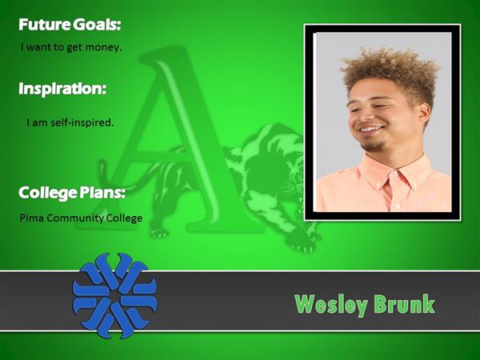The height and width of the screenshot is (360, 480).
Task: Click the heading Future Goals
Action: point(70,25)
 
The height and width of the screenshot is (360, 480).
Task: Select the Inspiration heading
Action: point(62,89)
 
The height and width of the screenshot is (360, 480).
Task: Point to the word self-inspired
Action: point(82,122)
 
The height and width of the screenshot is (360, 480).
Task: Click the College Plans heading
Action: point(72,193)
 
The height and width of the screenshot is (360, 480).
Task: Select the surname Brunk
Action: point(404,304)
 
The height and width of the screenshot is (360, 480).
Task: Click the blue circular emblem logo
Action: point(114,295)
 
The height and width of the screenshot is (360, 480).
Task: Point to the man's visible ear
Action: point(424,114)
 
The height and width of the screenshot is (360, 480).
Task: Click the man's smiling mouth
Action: point(371,130)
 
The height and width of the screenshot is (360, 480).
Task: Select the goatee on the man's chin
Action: point(374,146)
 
